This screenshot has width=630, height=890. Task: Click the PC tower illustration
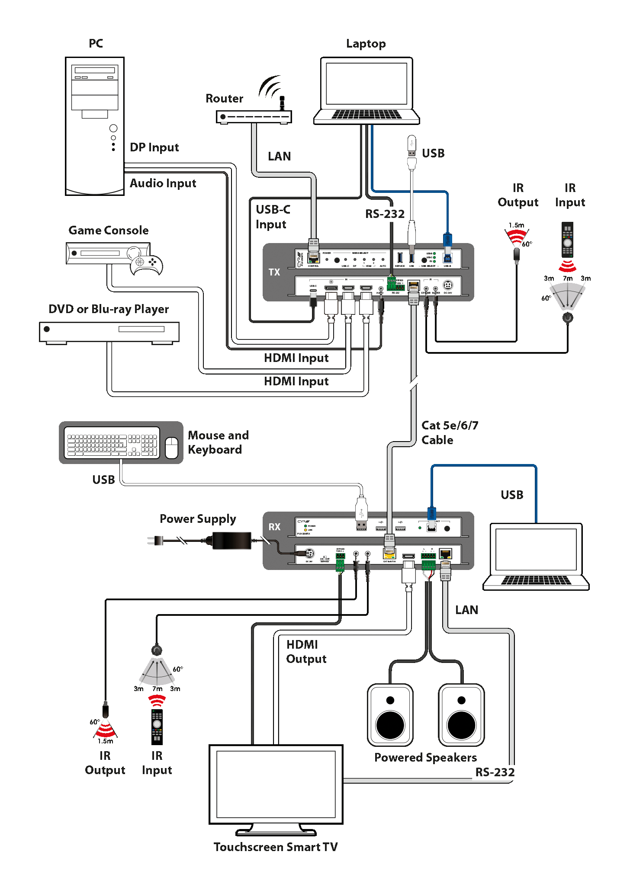tap(95, 126)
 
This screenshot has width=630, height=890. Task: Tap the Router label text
tap(224, 99)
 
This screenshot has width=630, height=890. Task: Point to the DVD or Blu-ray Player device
tap(109, 332)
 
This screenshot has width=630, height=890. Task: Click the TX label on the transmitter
tap(274, 272)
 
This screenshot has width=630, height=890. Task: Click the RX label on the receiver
tap(274, 527)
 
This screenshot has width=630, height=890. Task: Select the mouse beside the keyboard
tap(172, 447)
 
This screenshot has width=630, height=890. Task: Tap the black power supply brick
tap(231, 541)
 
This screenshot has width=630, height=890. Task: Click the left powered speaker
tap(390, 715)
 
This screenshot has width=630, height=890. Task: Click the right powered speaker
tap(461, 715)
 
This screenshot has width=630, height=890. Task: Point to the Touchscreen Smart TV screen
tap(276, 784)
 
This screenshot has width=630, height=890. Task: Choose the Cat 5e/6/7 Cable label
tap(450, 433)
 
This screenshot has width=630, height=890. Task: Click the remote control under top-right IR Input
tap(567, 240)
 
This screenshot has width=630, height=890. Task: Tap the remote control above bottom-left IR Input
tap(157, 727)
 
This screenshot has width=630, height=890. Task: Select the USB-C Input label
tap(273, 217)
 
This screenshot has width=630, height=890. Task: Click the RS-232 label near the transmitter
tap(385, 214)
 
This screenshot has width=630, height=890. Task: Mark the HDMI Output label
tap(306, 652)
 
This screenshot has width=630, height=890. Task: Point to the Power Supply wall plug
tap(155, 541)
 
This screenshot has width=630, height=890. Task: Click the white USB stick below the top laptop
tap(411, 145)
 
